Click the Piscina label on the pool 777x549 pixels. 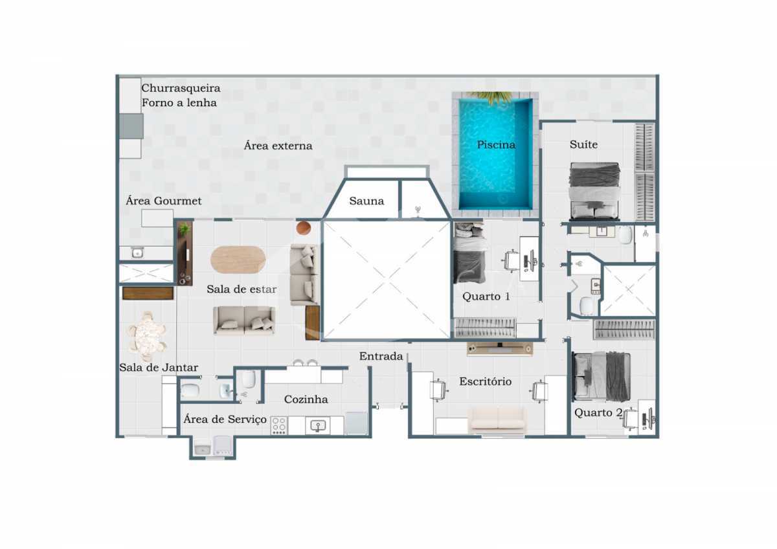(496, 144)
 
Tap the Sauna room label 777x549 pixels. (366, 201)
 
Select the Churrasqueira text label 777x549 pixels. (181, 88)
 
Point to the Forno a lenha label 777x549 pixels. (179, 103)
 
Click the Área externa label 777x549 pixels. (278, 146)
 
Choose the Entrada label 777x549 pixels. (381, 356)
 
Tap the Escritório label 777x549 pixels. (485, 381)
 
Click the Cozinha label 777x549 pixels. (306, 399)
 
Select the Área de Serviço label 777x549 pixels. (225, 420)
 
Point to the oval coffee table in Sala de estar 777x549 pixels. (238, 260)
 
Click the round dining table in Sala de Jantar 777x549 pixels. (147, 337)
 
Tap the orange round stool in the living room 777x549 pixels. (304, 228)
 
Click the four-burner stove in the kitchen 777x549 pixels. (279, 425)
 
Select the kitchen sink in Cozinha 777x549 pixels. (318, 425)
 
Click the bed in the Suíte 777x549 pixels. (594, 191)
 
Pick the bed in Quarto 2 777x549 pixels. (601, 377)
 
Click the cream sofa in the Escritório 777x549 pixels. (497, 420)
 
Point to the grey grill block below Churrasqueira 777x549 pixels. (131, 126)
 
